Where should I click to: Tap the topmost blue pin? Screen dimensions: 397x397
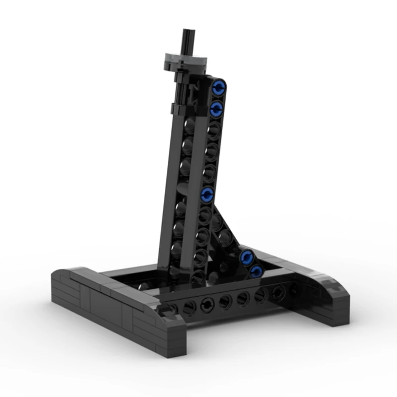[x=218, y=88]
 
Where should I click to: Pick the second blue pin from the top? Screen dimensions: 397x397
[x=216, y=108]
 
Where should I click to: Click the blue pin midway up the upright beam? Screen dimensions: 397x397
[x=207, y=194]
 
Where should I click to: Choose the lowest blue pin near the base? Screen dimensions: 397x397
[x=256, y=270]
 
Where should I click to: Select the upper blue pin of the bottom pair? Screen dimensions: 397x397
[x=247, y=257]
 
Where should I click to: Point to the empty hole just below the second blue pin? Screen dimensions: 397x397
[x=214, y=130]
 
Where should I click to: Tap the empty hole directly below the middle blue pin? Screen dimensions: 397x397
[x=204, y=215]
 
